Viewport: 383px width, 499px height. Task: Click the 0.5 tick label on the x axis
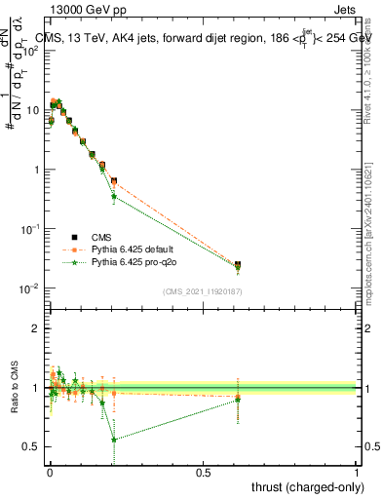pyautogui.click(x=203, y=472)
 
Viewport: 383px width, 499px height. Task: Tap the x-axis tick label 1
pyautogui.click(x=357, y=472)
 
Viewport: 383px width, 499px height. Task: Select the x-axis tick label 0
pyautogui.click(x=50, y=472)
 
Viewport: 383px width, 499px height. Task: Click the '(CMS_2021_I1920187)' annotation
pyautogui.click(x=202, y=290)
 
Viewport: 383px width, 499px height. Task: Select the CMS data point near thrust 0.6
pyautogui.click(x=238, y=264)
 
